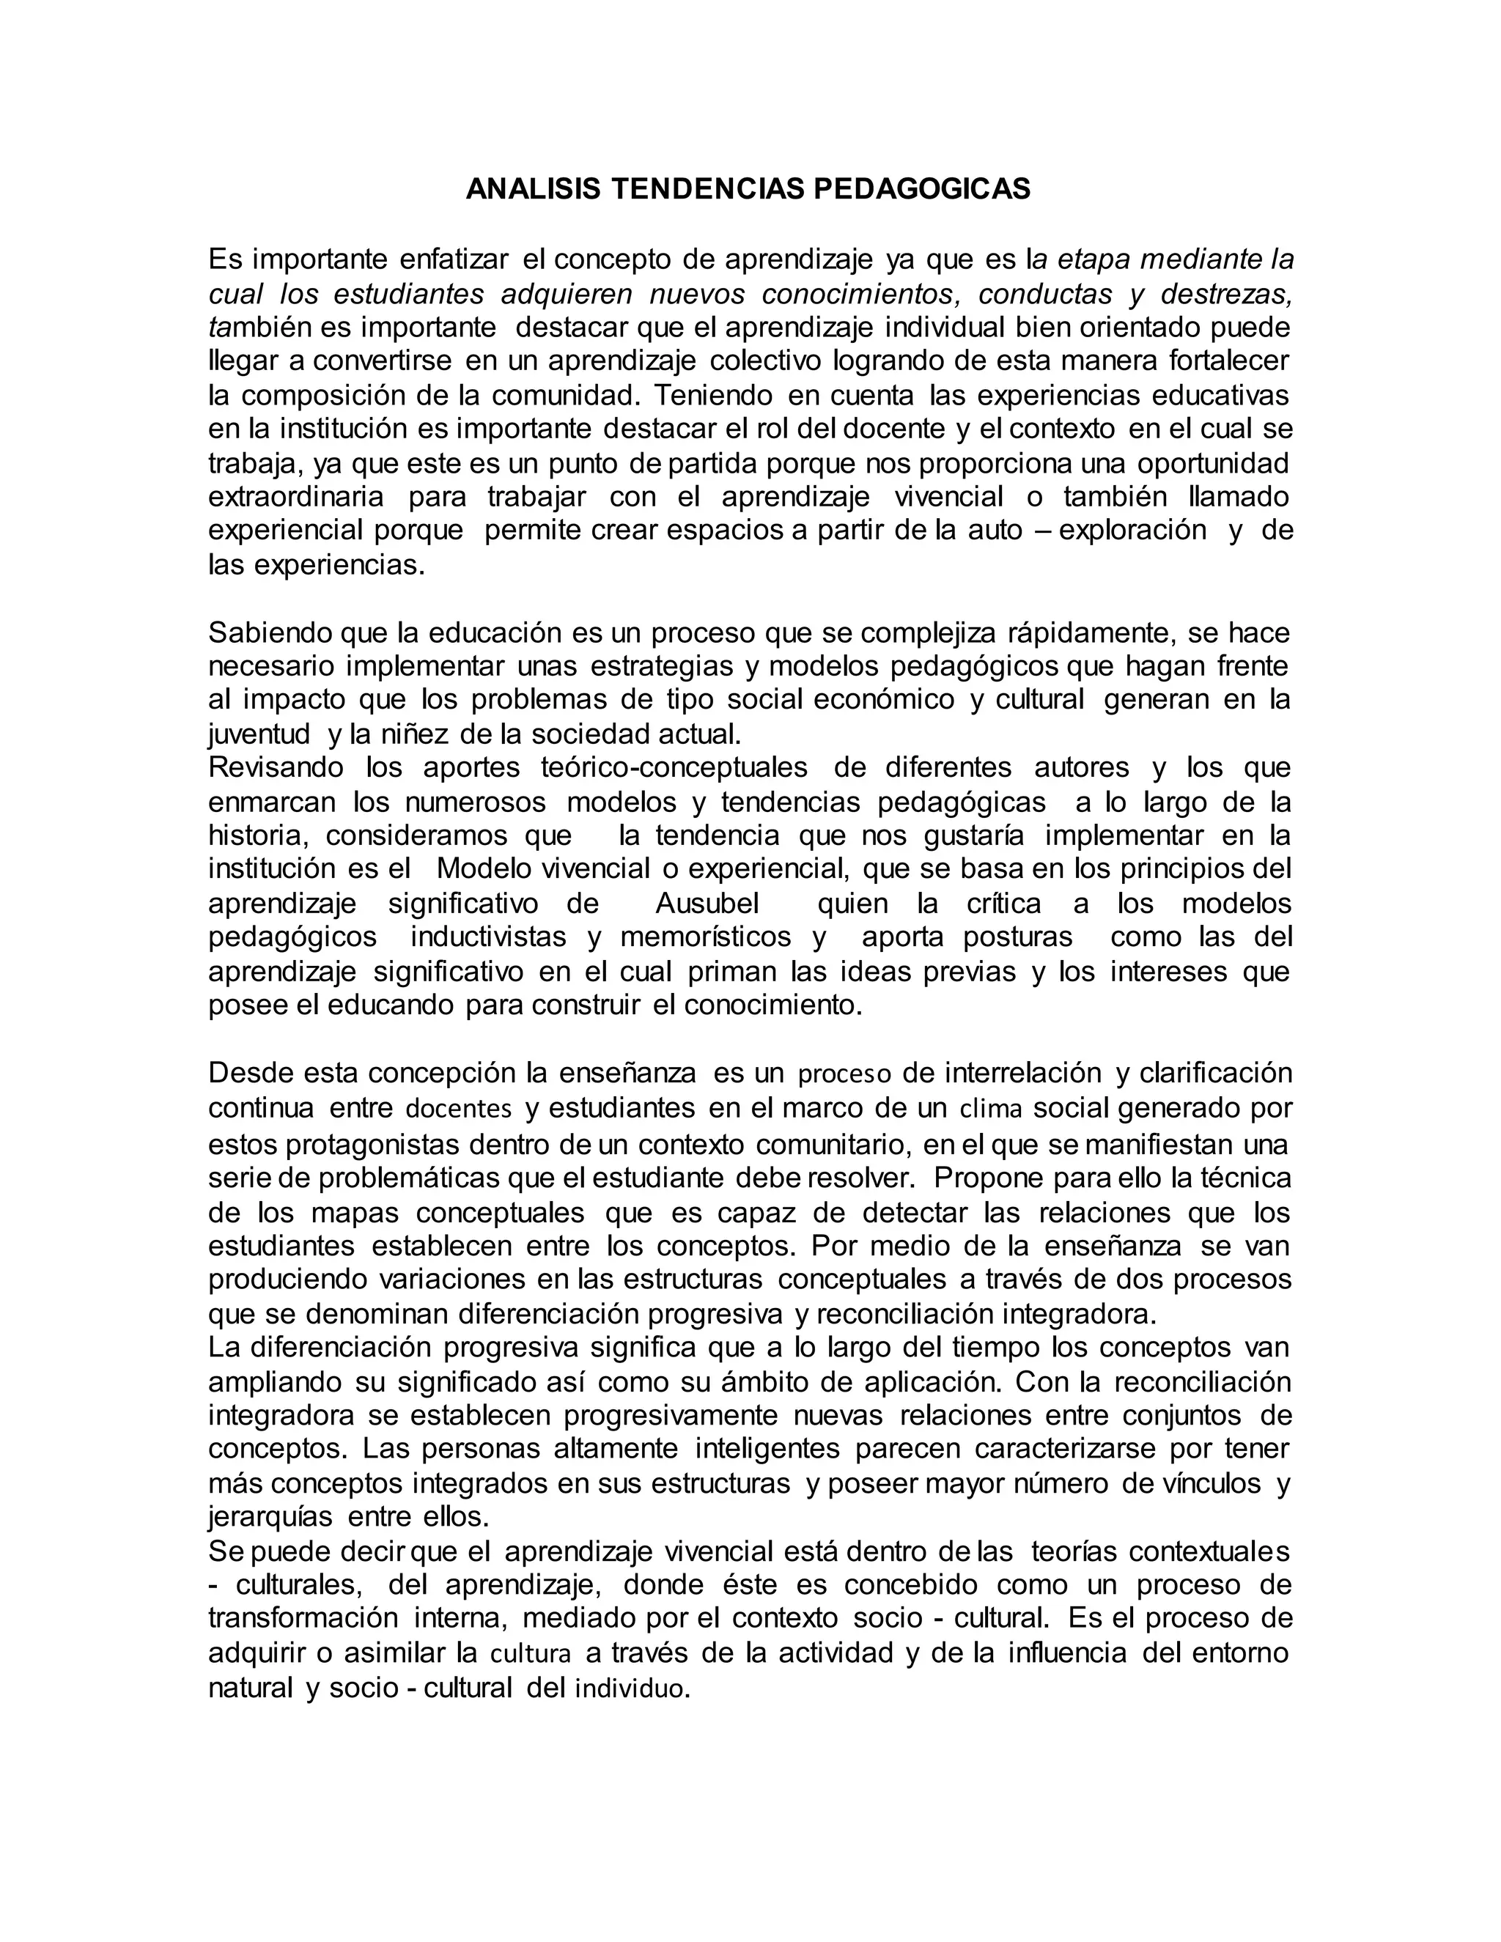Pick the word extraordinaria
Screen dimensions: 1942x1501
(x=296, y=496)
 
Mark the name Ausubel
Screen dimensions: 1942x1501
(x=708, y=904)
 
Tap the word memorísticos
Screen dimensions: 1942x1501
(x=705, y=937)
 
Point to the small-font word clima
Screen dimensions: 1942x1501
(x=992, y=1110)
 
